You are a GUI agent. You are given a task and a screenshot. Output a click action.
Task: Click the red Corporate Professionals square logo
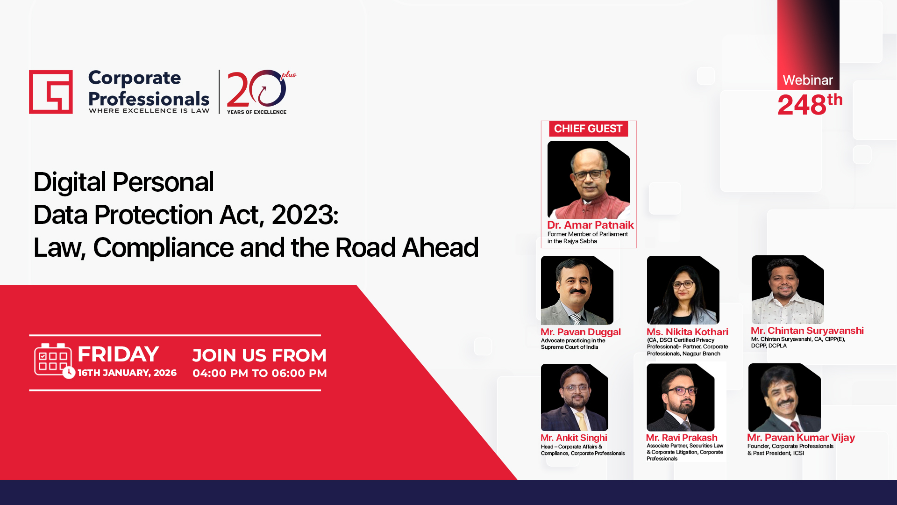51,92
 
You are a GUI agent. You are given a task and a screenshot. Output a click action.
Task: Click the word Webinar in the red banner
808,80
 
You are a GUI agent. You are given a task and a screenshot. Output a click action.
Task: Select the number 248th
809,104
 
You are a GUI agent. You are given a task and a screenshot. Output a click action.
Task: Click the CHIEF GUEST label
588,129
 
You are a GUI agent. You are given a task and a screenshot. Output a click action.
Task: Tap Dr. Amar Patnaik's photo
588,180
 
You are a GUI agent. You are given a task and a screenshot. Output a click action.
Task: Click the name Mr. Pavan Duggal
580,332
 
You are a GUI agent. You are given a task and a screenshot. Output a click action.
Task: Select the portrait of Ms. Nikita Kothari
683,290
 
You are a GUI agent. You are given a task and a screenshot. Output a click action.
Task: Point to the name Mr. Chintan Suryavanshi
807,331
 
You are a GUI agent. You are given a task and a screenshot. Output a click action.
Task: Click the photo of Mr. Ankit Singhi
574,397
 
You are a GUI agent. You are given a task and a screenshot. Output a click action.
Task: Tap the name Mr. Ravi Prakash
681,438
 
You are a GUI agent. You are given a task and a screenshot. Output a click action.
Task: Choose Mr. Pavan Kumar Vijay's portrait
784,397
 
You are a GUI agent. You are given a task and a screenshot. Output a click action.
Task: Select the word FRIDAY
118,354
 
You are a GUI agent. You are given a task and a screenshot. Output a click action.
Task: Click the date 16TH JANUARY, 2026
127,373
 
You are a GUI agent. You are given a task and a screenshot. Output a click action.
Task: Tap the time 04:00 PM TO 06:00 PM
260,373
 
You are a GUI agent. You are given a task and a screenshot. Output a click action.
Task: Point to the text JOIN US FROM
259,355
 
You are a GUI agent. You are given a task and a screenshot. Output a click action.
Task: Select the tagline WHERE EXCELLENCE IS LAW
149,111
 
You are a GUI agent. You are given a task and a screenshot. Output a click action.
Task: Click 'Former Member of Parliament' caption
587,234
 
